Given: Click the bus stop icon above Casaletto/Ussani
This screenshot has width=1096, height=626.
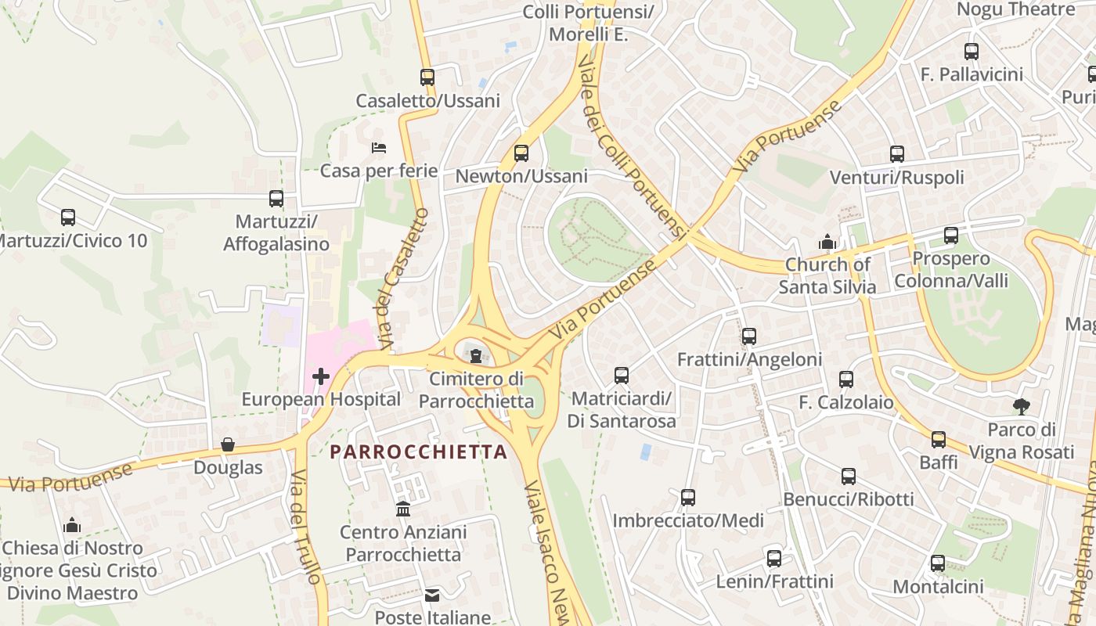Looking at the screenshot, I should coord(427,77).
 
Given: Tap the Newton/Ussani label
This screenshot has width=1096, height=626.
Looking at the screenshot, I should coord(521,177).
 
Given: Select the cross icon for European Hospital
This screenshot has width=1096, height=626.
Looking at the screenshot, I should coord(320,376).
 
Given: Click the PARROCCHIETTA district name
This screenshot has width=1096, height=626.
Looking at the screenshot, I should coord(419,452).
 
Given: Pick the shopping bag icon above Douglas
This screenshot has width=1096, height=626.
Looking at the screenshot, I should coord(228,444).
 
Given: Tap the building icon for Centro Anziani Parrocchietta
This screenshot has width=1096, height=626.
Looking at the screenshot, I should coord(403,509).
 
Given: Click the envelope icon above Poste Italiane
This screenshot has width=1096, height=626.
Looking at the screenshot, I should coord(432,595).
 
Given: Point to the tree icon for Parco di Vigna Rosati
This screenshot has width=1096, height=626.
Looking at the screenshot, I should coord(1021,406).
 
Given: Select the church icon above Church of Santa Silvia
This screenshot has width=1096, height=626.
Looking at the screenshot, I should coord(827,242).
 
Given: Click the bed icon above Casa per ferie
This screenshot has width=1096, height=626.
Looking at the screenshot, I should coord(379,148).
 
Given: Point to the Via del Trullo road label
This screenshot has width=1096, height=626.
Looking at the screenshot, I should coord(305,527).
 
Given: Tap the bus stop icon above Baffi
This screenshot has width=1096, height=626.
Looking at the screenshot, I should coord(939,439).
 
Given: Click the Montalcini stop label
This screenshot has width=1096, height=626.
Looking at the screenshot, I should coord(938,587).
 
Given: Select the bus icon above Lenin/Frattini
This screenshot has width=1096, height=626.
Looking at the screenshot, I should coord(774,559).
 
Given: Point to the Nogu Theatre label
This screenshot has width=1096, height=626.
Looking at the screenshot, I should coord(1016,9).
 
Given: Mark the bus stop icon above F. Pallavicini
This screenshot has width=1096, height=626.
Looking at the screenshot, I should coord(972,52).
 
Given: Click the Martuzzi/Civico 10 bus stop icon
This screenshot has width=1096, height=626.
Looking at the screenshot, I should coord(68,218).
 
